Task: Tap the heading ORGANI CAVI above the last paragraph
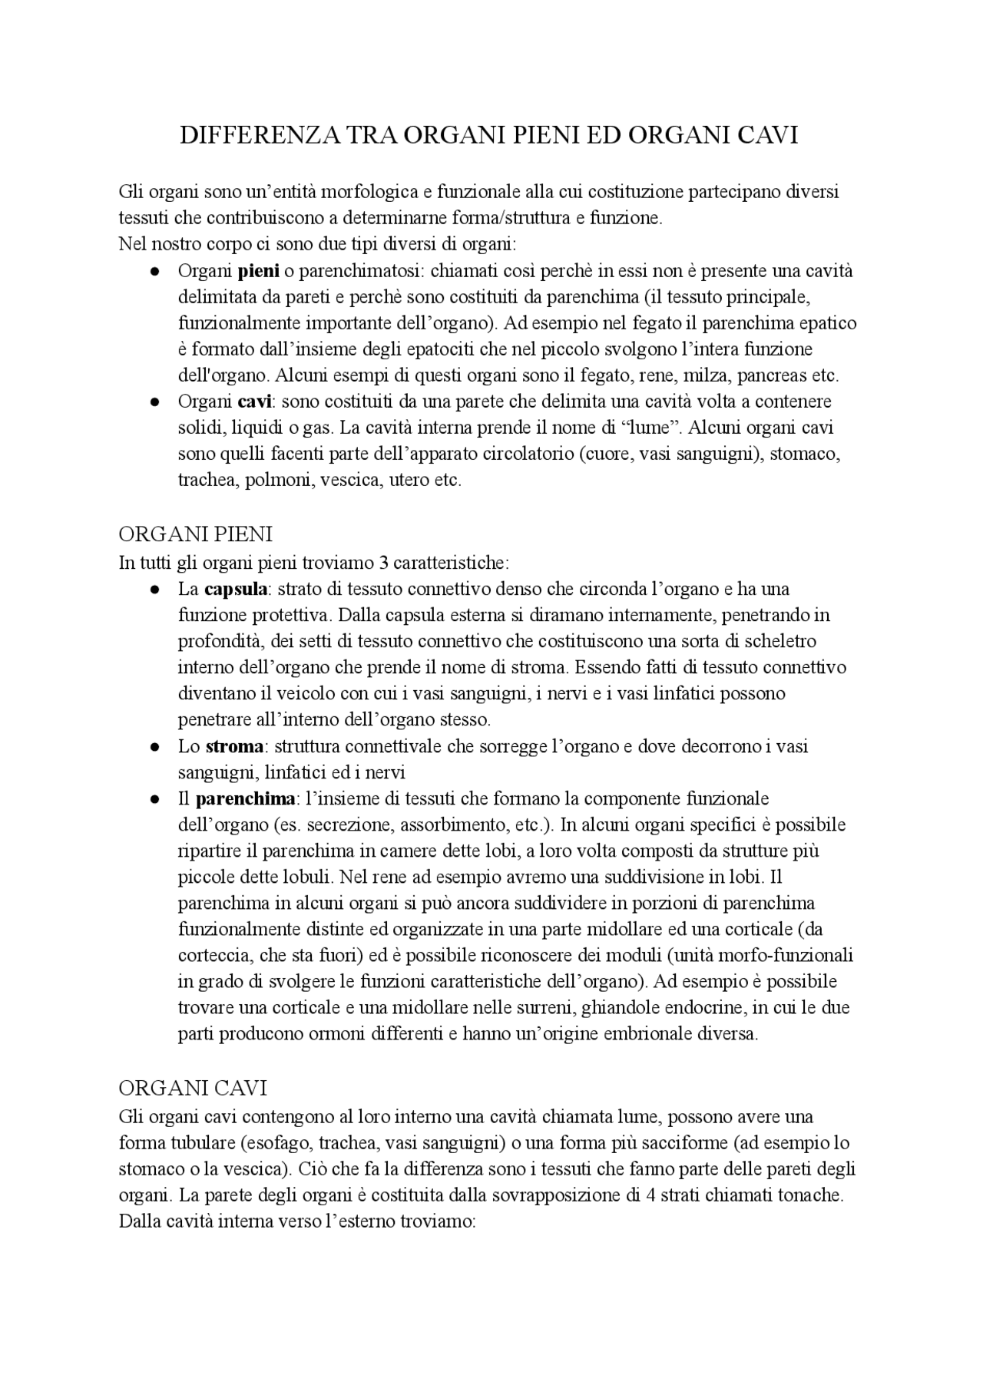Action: pos(193,1088)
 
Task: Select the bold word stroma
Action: pos(234,746)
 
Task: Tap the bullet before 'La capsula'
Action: pos(154,590)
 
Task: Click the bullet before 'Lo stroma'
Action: pos(154,747)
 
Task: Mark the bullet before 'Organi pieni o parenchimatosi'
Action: pos(154,272)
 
